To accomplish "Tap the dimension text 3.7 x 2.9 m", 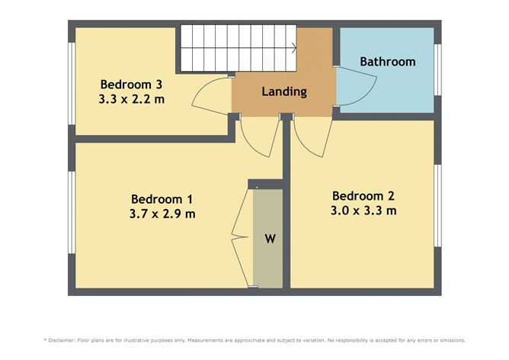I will pos(162,214).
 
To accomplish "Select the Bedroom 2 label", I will pos(363,194).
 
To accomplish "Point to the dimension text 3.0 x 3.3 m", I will pos(363,211).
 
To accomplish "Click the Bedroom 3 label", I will pos(131,84).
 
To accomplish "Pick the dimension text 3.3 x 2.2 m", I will pos(131,99).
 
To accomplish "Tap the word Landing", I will pos(283,92).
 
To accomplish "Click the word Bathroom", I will pos(388,62).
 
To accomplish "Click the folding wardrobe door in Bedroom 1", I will pos(243,236).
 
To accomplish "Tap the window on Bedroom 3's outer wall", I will pos(71,84).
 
